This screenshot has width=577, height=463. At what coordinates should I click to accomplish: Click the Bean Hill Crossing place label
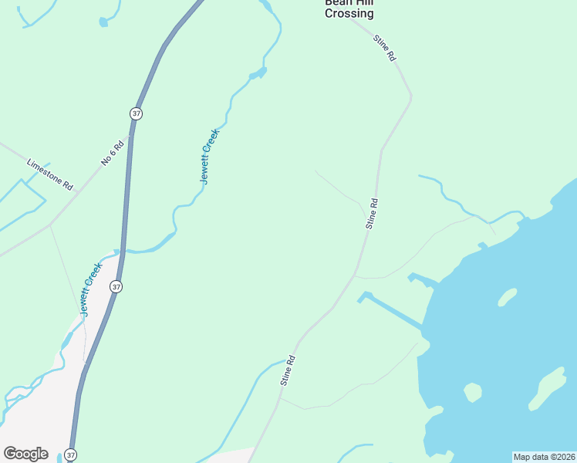tap(349, 8)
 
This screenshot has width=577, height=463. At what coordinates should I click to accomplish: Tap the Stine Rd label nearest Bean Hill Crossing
tap(384, 48)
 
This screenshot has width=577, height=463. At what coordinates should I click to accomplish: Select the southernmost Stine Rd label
tap(288, 370)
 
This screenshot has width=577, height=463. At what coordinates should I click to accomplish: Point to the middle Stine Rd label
tap(372, 214)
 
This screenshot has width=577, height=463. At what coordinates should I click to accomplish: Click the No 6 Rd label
tap(112, 153)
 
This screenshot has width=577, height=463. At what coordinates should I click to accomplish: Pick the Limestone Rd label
tap(49, 175)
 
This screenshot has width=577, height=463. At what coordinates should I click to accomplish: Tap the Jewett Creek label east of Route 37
tap(210, 156)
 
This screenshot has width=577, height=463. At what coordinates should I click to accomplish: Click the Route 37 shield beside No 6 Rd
tap(136, 113)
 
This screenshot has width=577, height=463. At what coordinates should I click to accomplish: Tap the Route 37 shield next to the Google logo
tap(71, 455)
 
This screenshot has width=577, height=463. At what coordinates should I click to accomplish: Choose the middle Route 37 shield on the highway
tap(116, 286)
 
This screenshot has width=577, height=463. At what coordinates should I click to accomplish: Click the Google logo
tap(25, 454)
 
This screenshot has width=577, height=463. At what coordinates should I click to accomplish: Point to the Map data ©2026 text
tap(544, 457)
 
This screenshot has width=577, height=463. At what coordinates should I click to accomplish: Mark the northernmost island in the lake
tap(507, 296)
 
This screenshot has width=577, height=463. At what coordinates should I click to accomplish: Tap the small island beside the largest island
tap(473, 393)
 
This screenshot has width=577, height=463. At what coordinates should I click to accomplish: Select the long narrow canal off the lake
tap(392, 310)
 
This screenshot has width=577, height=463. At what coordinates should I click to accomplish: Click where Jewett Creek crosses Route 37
tap(122, 251)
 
